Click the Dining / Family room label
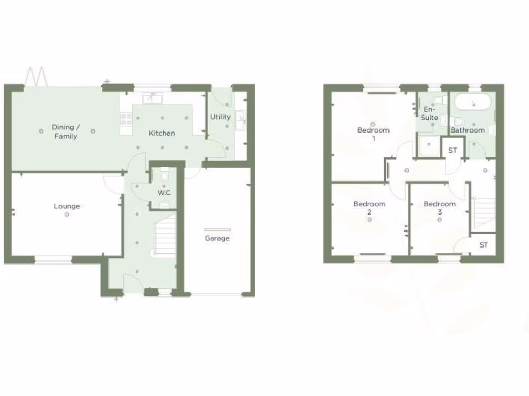click(66, 131)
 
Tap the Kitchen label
click(162, 133)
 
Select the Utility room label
click(220, 117)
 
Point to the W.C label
click(164, 193)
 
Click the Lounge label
click(67, 206)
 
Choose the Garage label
click(217, 238)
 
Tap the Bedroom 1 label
click(373, 134)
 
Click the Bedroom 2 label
click(369, 208)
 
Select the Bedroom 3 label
click(440, 208)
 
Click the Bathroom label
click(468, 130)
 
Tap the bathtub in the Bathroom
click(473, 103)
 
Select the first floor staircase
click(485, 212)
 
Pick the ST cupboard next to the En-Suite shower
click(453, 150)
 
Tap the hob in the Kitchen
click(126, 120)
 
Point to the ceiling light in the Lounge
click(67, 214)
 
